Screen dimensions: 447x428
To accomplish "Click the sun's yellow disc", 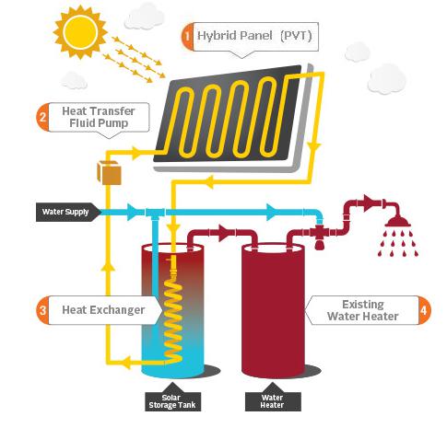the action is click(80, 32).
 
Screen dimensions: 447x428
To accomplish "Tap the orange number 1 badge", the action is click(187, 37).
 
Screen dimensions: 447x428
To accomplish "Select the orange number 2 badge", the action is click(42, 117).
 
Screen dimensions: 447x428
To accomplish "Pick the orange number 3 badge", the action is click(42, 310).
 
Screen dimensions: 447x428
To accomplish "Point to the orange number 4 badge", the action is click(424, 310).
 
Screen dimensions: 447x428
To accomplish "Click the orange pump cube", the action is click(109, 173).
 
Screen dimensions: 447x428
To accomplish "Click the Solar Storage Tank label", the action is click(172, 401).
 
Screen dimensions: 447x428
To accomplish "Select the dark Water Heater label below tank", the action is click(273, 401).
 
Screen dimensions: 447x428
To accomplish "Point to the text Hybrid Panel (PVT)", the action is click(254, 36).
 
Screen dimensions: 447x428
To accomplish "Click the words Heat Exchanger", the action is click(103, 310).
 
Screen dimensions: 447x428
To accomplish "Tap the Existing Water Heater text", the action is click(363, 310).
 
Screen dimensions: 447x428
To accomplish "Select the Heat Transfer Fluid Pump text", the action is click(99, 117).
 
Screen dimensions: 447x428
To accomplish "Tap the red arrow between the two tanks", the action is click(225, 232).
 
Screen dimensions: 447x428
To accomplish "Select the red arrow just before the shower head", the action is click(369, 202).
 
